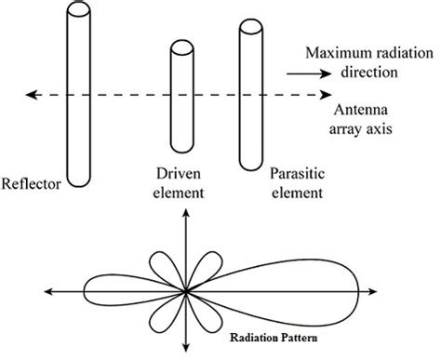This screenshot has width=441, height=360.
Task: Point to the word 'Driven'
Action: click(x=175, y=174)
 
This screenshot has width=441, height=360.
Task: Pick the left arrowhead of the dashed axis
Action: click(x=30, y=94)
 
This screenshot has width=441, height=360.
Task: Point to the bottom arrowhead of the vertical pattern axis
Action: click(x=187, y=354)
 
